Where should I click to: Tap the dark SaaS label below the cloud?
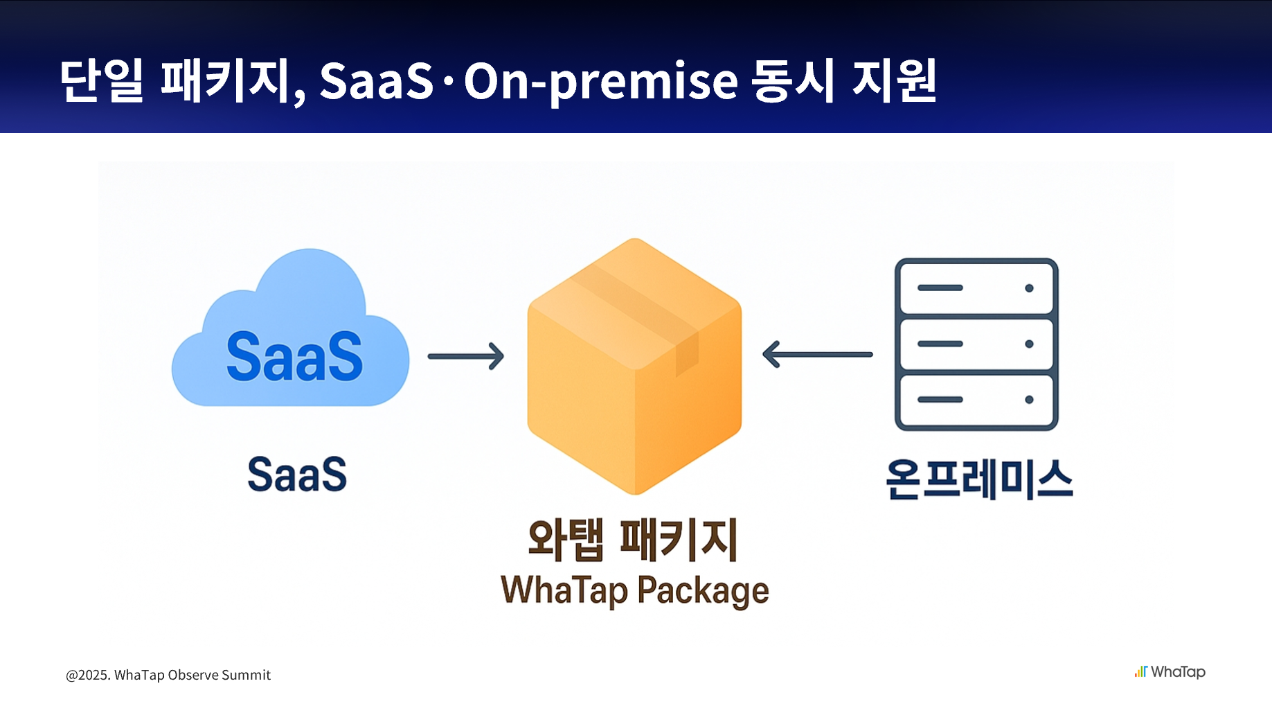(297, 475)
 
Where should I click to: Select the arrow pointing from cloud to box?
(465, 356)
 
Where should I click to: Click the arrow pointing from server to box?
(817, 354)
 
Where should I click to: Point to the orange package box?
(634, 388)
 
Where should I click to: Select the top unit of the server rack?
(976, 288)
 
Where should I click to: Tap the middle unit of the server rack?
(976, 344)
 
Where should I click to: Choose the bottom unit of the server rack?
(976, 400)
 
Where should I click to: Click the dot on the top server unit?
(1029, 288)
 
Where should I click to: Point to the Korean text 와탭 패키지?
(633, 540)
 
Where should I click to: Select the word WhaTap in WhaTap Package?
(564, 590)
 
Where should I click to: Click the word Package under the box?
(703, 592)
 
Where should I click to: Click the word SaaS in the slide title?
(376, 82)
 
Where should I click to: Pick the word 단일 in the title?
(101, 81)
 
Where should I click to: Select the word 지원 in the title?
(895, 81)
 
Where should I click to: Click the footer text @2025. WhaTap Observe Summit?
(168, 675)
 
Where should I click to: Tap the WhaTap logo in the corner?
(1170, 672)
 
